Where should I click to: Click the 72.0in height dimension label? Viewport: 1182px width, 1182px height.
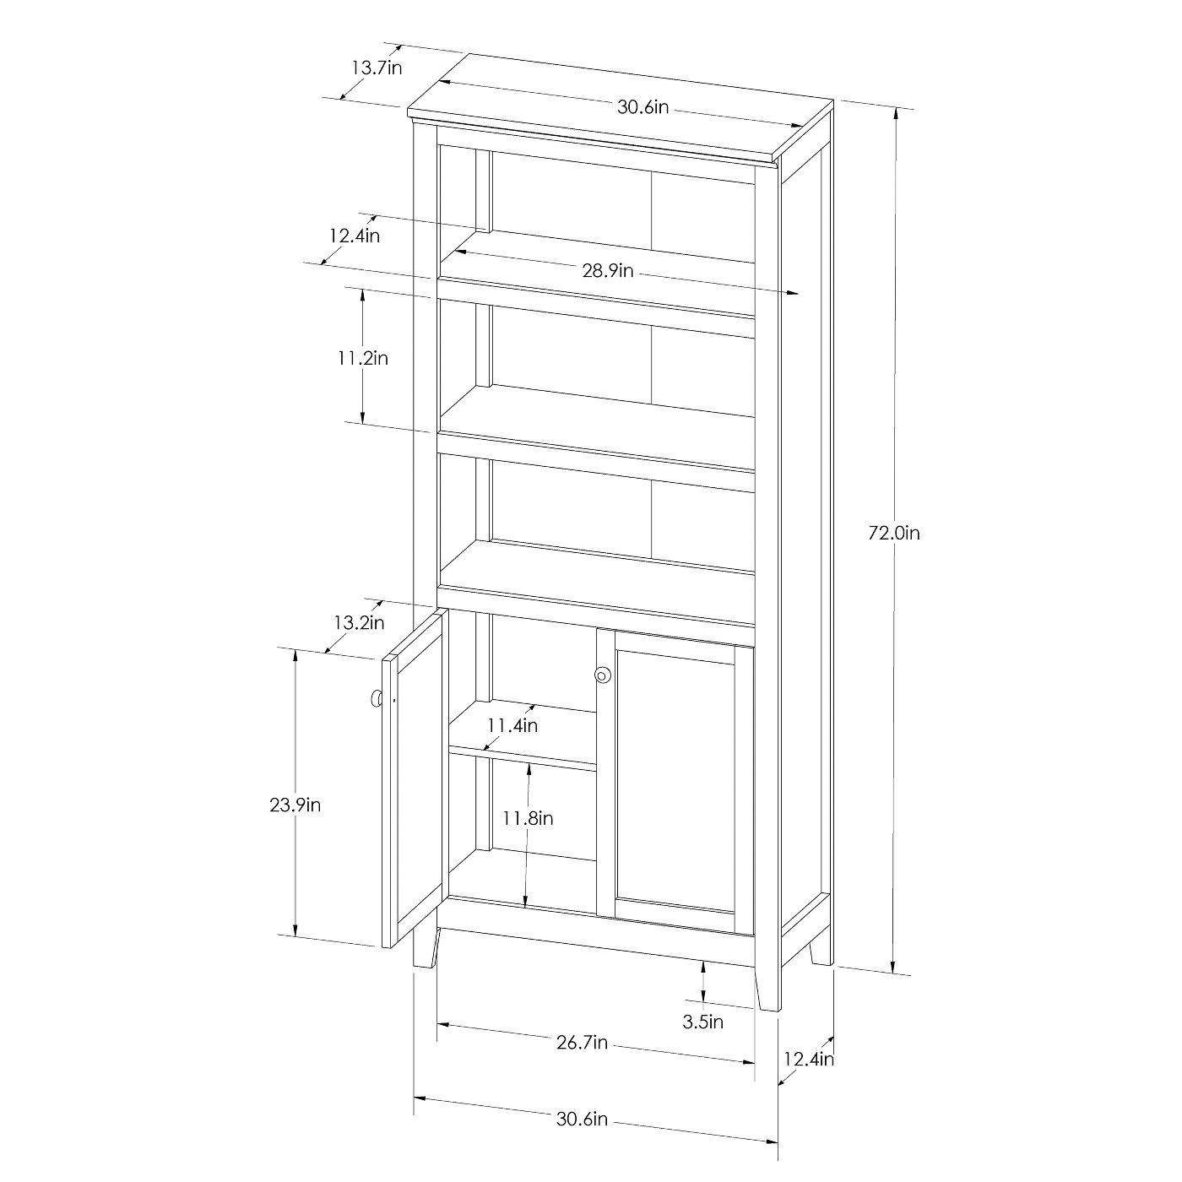pyautogui.click(x=894, y=534)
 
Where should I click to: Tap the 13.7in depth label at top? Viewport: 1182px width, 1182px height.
pyautogui.click(x=377, y=68)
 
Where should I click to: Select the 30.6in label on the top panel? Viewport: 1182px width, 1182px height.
pyautogui.click(x=643, y=108)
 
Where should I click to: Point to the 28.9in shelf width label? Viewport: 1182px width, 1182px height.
pyautogui.click(x=607, y=270)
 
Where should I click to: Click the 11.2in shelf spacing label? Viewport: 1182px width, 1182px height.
pyautogui.click(x=363, y=358)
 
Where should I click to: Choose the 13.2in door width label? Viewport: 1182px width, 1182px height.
pyautogui.click(x=359, y=623)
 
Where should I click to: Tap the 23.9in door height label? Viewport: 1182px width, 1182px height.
pyautogui.click(x=295, y=805)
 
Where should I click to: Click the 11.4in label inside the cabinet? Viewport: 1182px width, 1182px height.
pyautogui.click(x=512, y=725)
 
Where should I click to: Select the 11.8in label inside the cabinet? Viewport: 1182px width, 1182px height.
pyautogui.click(x=529, y=818)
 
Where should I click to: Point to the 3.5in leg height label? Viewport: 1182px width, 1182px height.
pyautogui.click(x=703, y=1022)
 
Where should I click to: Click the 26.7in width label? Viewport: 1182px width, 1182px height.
pyautogui.click(x=582, y=1042)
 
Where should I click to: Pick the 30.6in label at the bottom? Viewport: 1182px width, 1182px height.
pyautogui.click(x=582, y=1119)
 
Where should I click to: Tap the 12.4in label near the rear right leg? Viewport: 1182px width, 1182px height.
pyautogui.click(x=809, y=1059)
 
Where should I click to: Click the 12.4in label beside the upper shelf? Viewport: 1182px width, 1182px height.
pyautogui.click(x=355, y=236)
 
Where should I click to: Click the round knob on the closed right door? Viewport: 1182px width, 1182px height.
pyautogui.click(x=603, y=675)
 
